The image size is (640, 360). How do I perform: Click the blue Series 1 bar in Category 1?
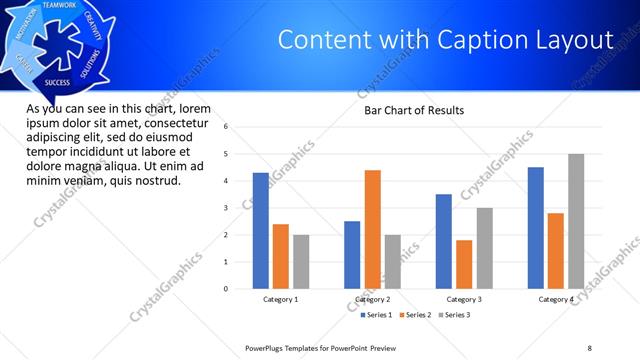[261, 231]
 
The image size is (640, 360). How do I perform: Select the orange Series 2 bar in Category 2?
[372, 229]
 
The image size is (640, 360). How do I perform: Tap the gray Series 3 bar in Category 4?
[576, 221]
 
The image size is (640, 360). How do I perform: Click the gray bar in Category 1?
[301, 261]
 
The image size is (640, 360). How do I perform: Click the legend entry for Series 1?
[378, 315]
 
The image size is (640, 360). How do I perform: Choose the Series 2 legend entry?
[417, 315]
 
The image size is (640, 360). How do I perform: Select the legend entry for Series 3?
[455, 315]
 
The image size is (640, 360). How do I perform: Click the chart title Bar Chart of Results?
[413, 110]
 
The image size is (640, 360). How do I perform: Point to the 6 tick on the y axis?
[226, 127]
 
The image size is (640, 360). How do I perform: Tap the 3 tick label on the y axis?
[226, 208]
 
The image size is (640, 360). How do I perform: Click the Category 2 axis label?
[372, 299]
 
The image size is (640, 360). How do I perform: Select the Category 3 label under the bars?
[463, 299]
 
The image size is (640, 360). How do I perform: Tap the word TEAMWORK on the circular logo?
[61, 6]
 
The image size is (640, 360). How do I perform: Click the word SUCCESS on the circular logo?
[57, 82]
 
